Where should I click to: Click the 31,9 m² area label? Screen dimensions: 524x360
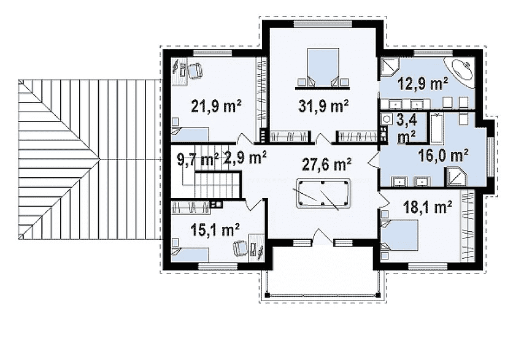click(x=323, y=106)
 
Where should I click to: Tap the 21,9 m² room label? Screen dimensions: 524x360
click(x=216, y=106)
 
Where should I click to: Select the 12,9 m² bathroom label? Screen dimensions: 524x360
click(x=423, y=83)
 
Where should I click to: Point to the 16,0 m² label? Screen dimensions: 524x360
click(x=444, y=155)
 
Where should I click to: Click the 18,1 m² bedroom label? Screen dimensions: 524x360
click(x=428, y=207)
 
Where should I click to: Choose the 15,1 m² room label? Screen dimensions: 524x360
click(x=215, y=230)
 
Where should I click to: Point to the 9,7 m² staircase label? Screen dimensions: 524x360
click(x=198, y=159)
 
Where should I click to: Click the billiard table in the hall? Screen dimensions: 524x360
click(x=324, y=194)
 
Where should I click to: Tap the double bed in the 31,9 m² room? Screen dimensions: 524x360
click(x=323, y=68)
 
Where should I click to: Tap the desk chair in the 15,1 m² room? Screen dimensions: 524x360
click(x=241, y=247)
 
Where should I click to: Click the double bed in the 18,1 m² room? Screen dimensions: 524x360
click(x=399, y=235)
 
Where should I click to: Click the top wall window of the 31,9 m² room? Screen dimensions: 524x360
click(x=323, y=24)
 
